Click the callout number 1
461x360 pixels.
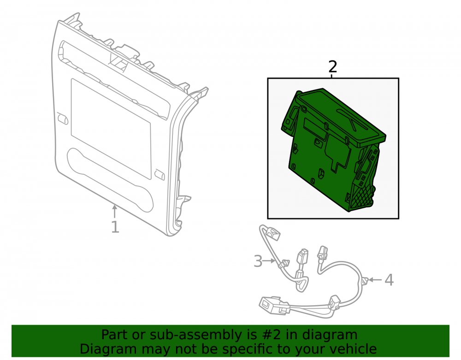pos(115,227)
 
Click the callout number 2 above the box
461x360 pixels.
pos(332,67)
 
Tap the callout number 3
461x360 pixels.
pos(258,261)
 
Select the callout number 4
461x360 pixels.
pos(389,280)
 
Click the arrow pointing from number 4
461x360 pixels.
pos(376,280)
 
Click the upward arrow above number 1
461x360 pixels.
pos(115,212)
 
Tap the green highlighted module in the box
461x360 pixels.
pos(333,149)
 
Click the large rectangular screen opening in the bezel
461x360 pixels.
pos(111,128)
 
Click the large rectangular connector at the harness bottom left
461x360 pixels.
pos(274,305)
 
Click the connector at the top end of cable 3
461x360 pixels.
pos(272,232)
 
